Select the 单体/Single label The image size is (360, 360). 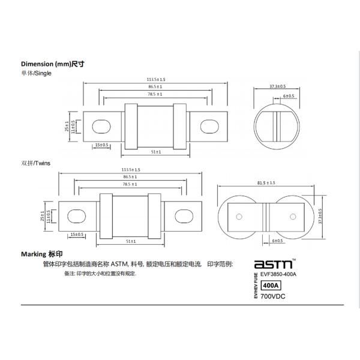click(x=37, y=73)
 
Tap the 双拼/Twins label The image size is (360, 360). click(x=35, y=163)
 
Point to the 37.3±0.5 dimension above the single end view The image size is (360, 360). click(x=278, y=87)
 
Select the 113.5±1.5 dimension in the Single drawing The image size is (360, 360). click(x=156, y=79)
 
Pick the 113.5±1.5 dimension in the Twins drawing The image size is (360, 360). click(x=131, y=169)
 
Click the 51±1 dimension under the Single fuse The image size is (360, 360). click(x=156, y=152)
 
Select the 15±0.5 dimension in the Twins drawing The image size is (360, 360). click(x=77, y=233)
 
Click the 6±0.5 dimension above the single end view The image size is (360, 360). click(x=288, y=96)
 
